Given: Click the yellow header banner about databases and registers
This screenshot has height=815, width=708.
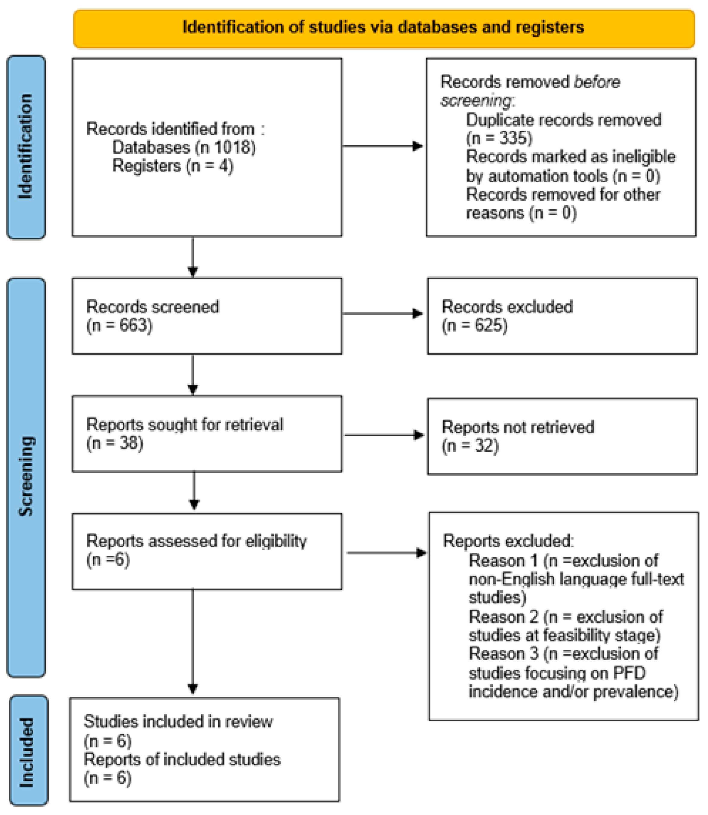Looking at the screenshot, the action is (x=384, y=29).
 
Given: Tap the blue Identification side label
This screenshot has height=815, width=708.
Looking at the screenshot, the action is (x=26, y=147).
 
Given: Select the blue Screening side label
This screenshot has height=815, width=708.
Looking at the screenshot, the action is (x=26, y=477).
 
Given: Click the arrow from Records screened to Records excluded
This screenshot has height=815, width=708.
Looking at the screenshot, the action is (x=383, y=314).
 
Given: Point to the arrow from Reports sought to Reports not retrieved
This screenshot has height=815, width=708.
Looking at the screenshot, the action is (x=384, y=435).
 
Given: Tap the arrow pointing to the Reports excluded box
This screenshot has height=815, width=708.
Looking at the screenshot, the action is (x=387, y=553).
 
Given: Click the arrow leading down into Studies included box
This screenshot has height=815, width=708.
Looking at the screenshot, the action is (x=193, y=642).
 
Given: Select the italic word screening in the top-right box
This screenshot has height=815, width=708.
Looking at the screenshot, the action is (x=476, y=101).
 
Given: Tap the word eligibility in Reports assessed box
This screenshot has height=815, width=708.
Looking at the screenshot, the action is (x=276, y=541).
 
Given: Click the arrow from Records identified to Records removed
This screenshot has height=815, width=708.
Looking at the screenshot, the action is (x=383, y=146).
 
